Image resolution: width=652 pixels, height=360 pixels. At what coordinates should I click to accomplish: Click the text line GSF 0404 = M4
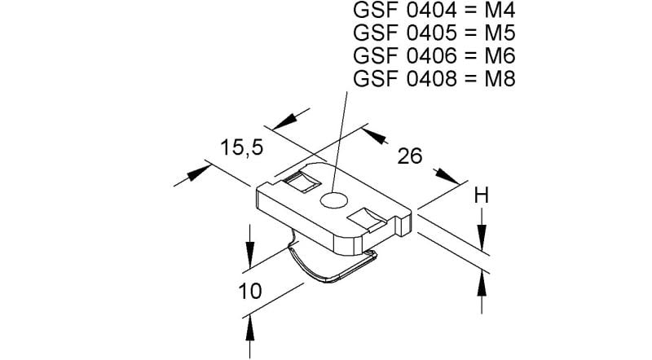point(434,10)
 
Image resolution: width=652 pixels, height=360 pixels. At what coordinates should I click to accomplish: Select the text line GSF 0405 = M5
point(434,33)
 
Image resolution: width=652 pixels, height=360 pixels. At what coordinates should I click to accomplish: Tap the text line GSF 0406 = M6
point(434,55)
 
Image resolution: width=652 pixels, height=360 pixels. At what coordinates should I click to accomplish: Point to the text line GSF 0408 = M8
point(434,78)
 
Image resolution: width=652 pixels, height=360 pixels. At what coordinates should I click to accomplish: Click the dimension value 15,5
point(241,147)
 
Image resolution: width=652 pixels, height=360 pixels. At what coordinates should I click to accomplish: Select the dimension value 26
point(410,156)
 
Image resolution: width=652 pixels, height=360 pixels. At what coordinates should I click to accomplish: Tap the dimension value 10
point(250,291)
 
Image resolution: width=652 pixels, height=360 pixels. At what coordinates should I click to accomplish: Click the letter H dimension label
point(482,195)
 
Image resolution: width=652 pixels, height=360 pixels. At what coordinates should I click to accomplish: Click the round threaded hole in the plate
point(333,200)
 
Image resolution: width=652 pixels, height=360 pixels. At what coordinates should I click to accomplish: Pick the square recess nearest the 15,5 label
point(300,182)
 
